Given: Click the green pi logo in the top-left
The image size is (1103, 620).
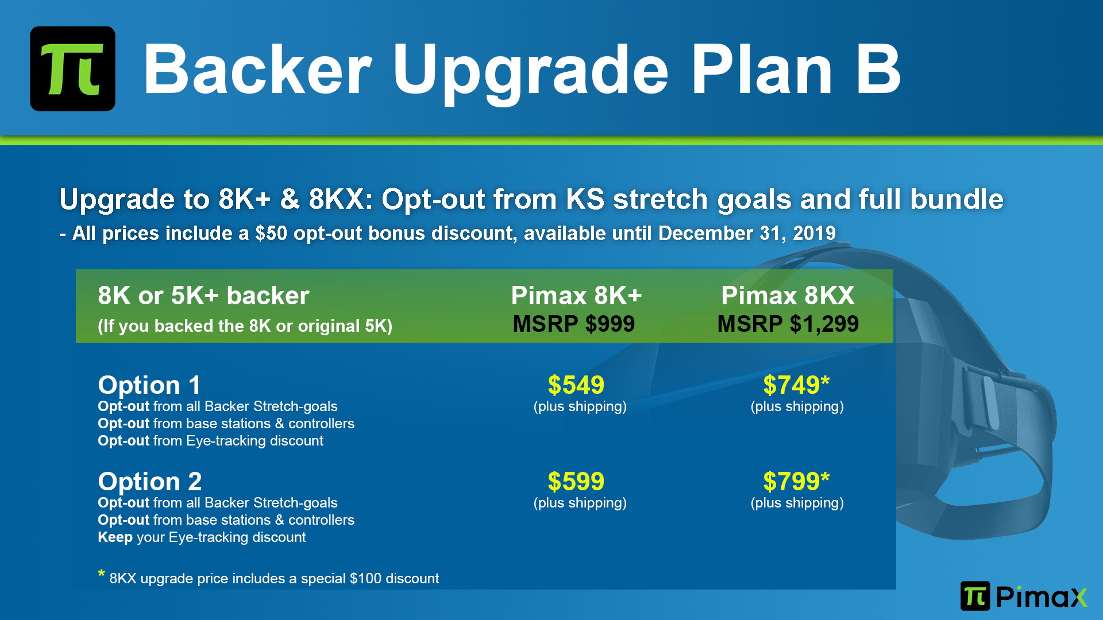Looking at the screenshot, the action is click(x=72, y=68).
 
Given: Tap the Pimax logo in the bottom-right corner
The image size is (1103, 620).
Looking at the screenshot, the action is click(x=1024, y=596).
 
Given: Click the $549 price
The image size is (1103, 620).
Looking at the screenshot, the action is click(x=576, y=385).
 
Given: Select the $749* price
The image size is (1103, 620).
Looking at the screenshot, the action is click(x=796, y=385).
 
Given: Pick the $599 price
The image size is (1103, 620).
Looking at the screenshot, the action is click(x=576, y=481).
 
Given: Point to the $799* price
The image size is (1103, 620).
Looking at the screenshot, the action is click(x=796, y=481).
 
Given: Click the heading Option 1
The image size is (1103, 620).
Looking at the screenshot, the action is click(x=149, y=385).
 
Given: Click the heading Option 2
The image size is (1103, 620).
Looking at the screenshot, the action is click(x=149, y=482).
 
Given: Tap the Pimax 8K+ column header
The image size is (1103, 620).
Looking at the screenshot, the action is click(x=576, y=296).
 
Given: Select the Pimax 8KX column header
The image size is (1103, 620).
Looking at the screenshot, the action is click(x=788, y=296).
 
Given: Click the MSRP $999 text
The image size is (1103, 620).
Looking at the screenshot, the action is click(x=574, y=324).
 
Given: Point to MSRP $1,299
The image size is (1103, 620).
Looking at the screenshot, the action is click(x=788, y=324).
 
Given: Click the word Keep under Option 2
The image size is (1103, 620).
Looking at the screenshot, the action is click(x=115, y=537).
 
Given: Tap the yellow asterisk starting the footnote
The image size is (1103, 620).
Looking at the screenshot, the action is click(x=101, y=573).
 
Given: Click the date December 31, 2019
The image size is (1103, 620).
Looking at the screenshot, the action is click(x=747, y=233).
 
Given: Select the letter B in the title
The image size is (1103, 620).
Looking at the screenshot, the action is click(x=878, y=69).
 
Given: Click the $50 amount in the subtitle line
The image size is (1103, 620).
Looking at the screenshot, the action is click(x=271, y=233).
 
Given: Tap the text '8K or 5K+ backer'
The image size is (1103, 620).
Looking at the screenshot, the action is click(x=203, y=296).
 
